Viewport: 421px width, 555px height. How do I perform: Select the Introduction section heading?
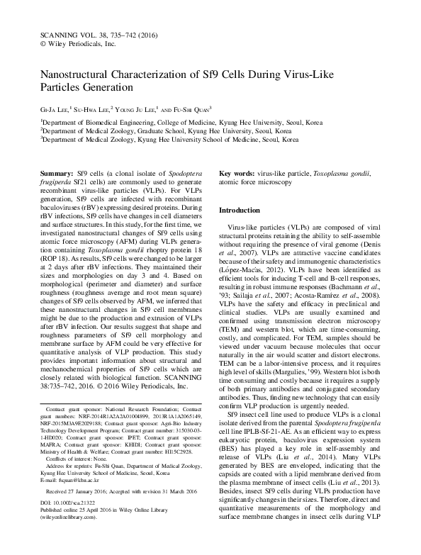240,211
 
